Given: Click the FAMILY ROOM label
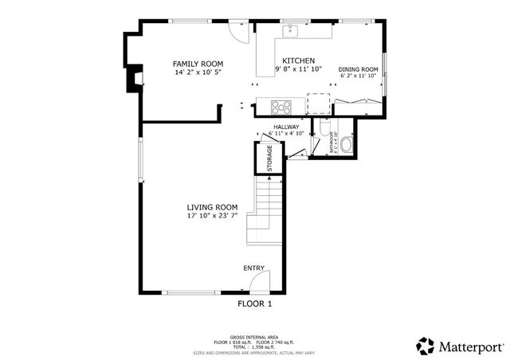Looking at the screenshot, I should coord(198,64).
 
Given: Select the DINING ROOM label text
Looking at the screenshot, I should coord(358,69).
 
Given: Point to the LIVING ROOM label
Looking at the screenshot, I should coord(213,206).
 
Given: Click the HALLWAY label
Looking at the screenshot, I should coord(286,127).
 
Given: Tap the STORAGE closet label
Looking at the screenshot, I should coord(269,158).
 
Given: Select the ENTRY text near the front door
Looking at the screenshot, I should coord(253,268).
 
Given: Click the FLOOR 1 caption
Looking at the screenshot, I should coord(255,303).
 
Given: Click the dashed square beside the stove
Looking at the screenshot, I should coord(319,104).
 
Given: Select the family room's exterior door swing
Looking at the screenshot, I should coord(235,29).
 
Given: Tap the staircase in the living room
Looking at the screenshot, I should coord(266,215).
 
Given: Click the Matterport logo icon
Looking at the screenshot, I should coord(426,346).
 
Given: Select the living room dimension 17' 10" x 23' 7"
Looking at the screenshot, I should coord(213,215).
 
